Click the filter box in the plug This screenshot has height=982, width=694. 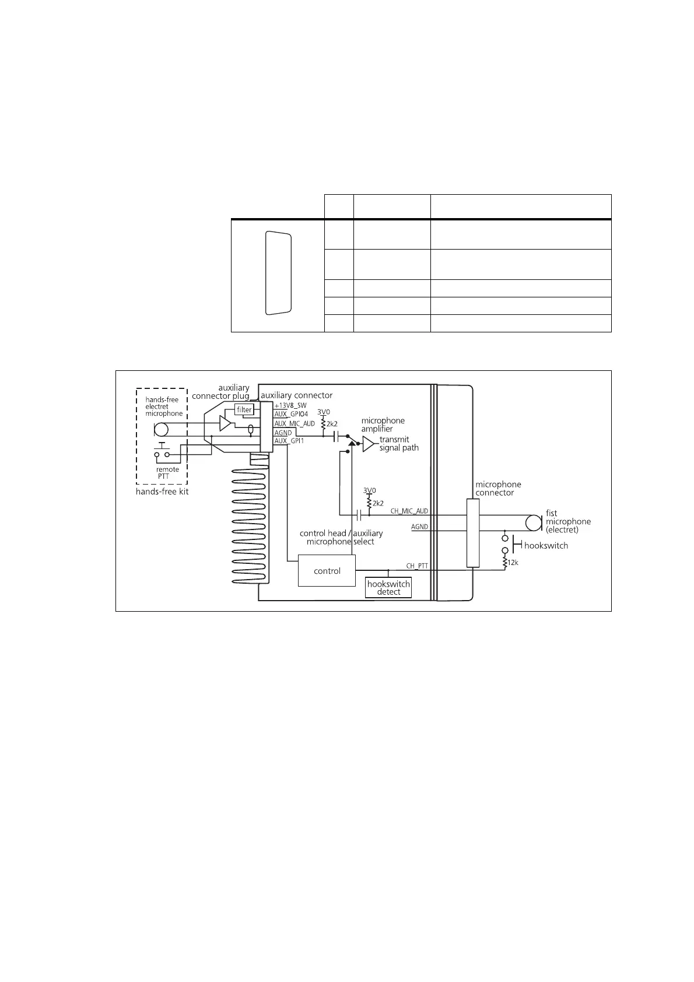click(244, 409)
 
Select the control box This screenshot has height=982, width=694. click(327, 571)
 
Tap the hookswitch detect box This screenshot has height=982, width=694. click(388, 588)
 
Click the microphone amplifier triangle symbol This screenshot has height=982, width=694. click(368, 444)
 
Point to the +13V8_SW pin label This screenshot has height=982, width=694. click(290, 405)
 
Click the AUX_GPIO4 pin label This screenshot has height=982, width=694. click(291, 414)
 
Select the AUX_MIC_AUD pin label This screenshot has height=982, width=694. click(295, 423)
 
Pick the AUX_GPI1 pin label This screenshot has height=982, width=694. click(289, 441)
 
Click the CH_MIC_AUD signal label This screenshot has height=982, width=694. click(409, 511)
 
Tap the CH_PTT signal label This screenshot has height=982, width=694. click(417, 566)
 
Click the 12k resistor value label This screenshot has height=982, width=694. click(513, 563)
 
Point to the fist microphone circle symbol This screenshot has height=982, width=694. click(532, 522)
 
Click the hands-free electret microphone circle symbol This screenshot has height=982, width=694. click(161, 430)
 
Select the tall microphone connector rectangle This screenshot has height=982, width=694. click(472, 533)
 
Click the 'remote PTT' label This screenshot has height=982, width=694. click(167, 473)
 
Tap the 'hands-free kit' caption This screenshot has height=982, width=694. click(162, 492)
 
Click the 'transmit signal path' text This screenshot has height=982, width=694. click(399, 444)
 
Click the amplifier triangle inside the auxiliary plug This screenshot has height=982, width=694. click(225, 424)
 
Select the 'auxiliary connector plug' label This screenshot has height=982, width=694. click(221, 392)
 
